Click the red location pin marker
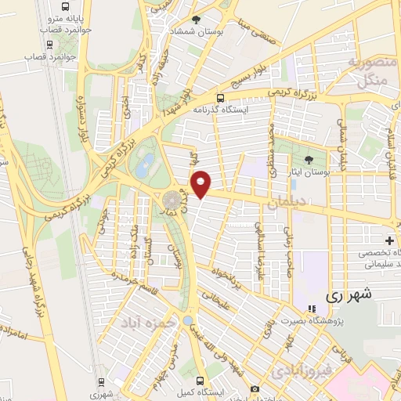[x=201, y=184]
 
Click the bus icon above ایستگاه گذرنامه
[x=221, y=99]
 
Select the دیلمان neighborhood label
[x=285, y=203]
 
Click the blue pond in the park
[x=146, y=165]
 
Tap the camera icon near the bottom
[x=255, y=389]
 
